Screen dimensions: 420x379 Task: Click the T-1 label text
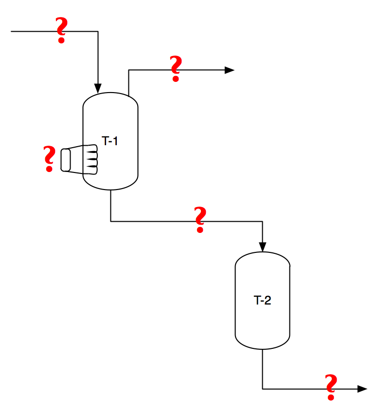pos(110,141)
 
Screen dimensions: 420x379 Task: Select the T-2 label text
pos(262,301)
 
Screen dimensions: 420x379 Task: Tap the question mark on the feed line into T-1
pos(61,30)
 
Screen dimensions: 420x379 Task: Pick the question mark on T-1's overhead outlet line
pos(175,69)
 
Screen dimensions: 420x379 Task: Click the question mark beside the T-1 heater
pos(49,158)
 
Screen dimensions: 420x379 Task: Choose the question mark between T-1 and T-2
pos(199,220)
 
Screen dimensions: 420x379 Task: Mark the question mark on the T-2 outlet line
pos(331,387)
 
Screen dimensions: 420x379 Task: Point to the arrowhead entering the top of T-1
pos(98,89)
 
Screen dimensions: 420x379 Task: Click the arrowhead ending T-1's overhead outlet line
pos(230,70)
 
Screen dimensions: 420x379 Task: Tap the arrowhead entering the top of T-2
pos(263,248)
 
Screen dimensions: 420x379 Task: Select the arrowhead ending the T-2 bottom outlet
pos(362,389)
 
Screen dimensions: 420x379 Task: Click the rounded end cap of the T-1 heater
pos(66,160)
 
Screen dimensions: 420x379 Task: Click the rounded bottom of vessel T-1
pos(111,186)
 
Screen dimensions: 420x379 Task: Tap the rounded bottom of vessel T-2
pos(263,346)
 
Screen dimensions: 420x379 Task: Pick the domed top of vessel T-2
pos(263,255)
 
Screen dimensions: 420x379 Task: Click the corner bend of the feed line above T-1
pos(98,32)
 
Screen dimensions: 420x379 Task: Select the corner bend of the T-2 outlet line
pos(263,389)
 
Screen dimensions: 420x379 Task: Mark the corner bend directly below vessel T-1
pos(111,221)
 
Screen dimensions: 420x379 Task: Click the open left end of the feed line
pos(12,32)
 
